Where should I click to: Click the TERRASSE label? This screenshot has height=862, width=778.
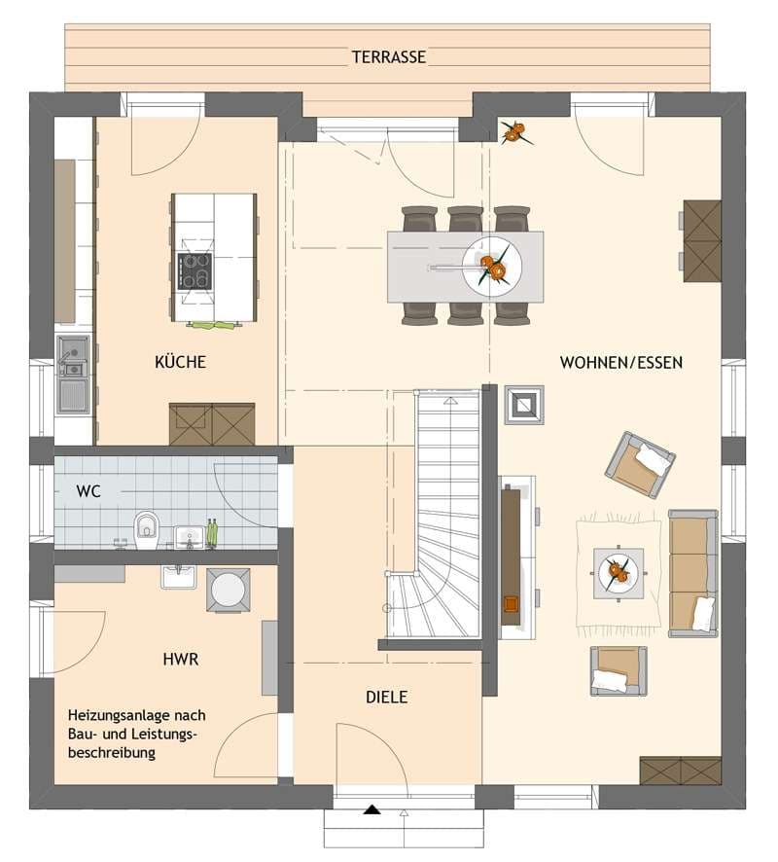(388, 56)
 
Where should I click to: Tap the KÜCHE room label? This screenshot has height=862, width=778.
(180, 362)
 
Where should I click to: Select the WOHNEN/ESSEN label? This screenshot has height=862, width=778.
(620, 362)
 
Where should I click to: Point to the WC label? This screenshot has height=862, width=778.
(89, 490)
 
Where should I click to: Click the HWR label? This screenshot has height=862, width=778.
(181, 659)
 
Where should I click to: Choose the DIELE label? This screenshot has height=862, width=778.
(387, 697)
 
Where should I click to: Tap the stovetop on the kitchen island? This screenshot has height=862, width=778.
(194, 271)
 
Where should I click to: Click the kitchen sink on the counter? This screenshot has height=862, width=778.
(73, 374)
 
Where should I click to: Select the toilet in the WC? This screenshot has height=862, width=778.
(146, 530)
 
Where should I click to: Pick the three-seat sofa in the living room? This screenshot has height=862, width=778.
(693, 573)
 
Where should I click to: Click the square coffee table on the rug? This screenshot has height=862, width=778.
(619, 572)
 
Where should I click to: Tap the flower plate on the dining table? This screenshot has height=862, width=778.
(492, 268)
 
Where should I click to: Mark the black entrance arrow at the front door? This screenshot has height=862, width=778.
(372, 808)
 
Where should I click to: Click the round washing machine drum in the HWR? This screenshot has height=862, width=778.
(228, 590)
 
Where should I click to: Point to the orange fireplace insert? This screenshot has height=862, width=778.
(511, 603)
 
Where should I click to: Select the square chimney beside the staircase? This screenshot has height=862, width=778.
(524, 405)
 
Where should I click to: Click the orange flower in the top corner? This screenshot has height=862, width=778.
(514, 132)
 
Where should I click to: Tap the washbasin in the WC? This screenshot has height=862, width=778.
(190, 536)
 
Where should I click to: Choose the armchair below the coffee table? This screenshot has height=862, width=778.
(618, 670)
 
